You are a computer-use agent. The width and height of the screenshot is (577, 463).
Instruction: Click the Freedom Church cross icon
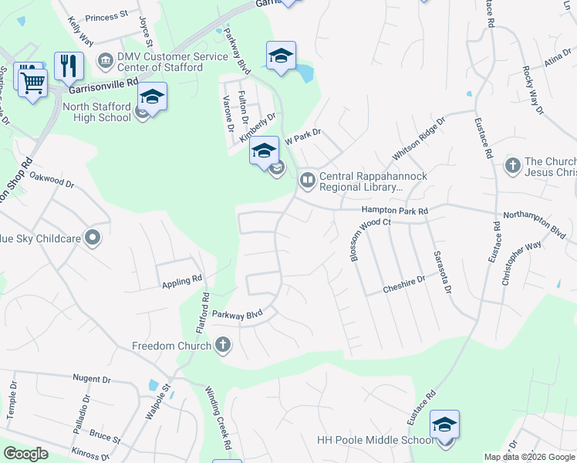tap(223, 345)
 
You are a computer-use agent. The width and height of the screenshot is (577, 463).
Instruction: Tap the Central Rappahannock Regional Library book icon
tap(308, 181)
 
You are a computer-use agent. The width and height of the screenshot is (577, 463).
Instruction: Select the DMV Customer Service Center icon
tap(105, 59)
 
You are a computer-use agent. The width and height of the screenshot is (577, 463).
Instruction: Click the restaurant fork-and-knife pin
tap(69, 67)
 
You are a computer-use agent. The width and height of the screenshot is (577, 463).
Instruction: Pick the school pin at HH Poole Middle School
tap(444, 426)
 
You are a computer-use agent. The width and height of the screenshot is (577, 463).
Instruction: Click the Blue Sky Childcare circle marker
tap(93, 238)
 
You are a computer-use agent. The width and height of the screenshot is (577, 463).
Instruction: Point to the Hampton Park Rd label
tap(395, 210)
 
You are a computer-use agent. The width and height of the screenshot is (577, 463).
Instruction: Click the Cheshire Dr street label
tap(404, 285)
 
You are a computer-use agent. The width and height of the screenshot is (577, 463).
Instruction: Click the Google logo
tap(26, 453)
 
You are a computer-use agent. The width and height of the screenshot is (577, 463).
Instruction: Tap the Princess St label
tap(106, 16)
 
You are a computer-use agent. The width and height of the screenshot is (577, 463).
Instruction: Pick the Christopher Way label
tap(521, 265)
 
